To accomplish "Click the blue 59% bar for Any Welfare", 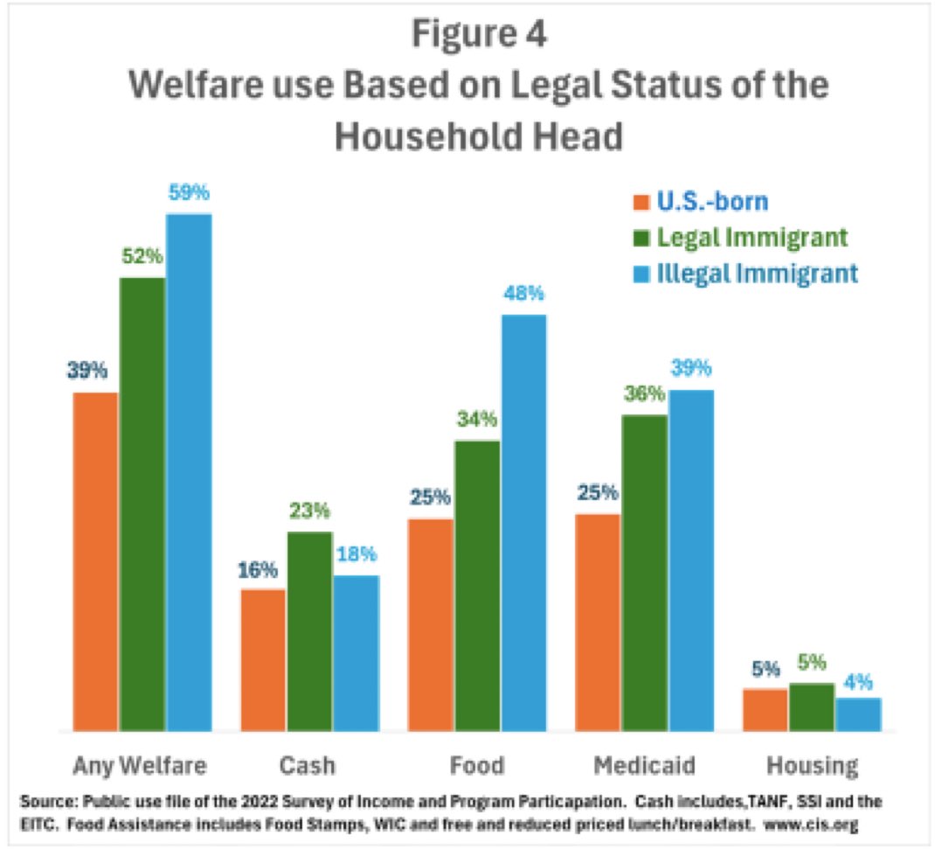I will [x=190, y=472].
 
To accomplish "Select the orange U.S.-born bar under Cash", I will [x=263, y=660].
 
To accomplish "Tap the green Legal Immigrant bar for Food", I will [x=476, y=586].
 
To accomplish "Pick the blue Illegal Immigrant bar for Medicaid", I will [x=690, y=560].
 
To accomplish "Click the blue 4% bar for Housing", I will [x=858, y=713].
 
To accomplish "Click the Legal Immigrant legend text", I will [x=751, y=237].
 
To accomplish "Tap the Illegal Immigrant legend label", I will [x=757, y=273].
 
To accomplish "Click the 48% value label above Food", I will [x=523, y=293].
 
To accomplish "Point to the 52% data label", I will [x=142, y=256].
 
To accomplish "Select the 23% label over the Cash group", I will [x=309, y=510].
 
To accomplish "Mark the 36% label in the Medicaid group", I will [x=645, y=393].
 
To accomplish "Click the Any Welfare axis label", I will [x=140, y=765].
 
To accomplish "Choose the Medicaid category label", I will [x=645, y=765].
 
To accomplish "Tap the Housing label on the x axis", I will [x=812, y=765].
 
